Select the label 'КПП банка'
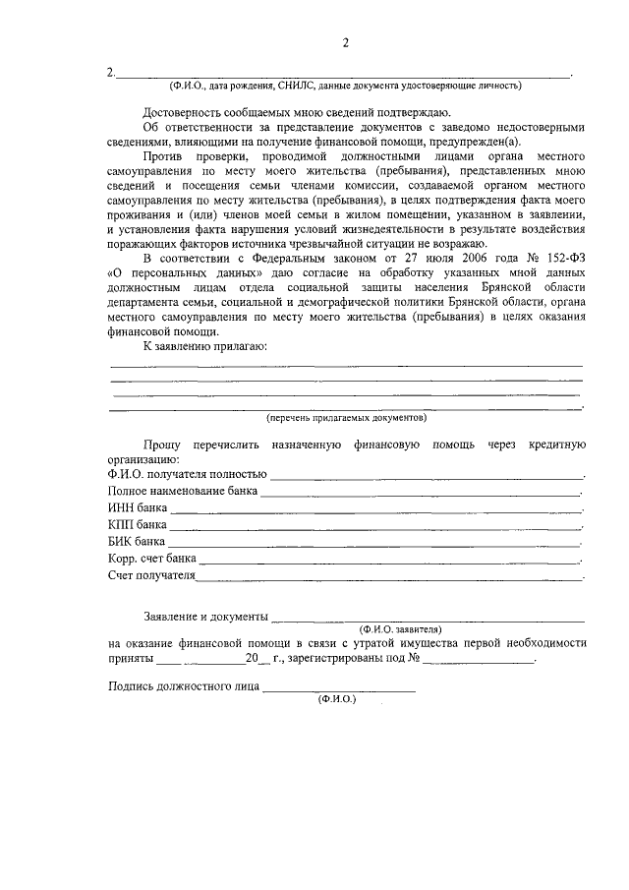(x=138, y=524)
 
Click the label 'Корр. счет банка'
(x=151, y=558)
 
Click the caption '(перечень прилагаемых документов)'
(x=345, y=417)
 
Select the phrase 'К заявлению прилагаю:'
(x=204, y=347)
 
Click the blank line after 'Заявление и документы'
(x=429, y=617)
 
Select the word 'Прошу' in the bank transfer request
(x=161, y=445)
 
